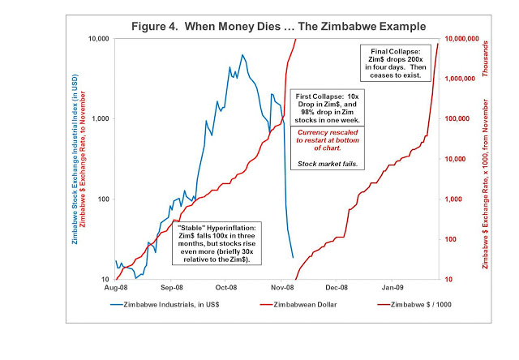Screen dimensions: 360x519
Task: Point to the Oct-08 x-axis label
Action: coord(225,287)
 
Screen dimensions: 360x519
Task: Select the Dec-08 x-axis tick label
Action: coord(336,287)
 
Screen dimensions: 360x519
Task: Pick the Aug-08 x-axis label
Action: coord(117,287)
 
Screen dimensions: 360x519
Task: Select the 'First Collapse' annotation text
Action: coord(328,109)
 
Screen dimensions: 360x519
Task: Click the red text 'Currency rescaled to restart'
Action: coord(328,139)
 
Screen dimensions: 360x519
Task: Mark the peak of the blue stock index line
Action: coord(242,55)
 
